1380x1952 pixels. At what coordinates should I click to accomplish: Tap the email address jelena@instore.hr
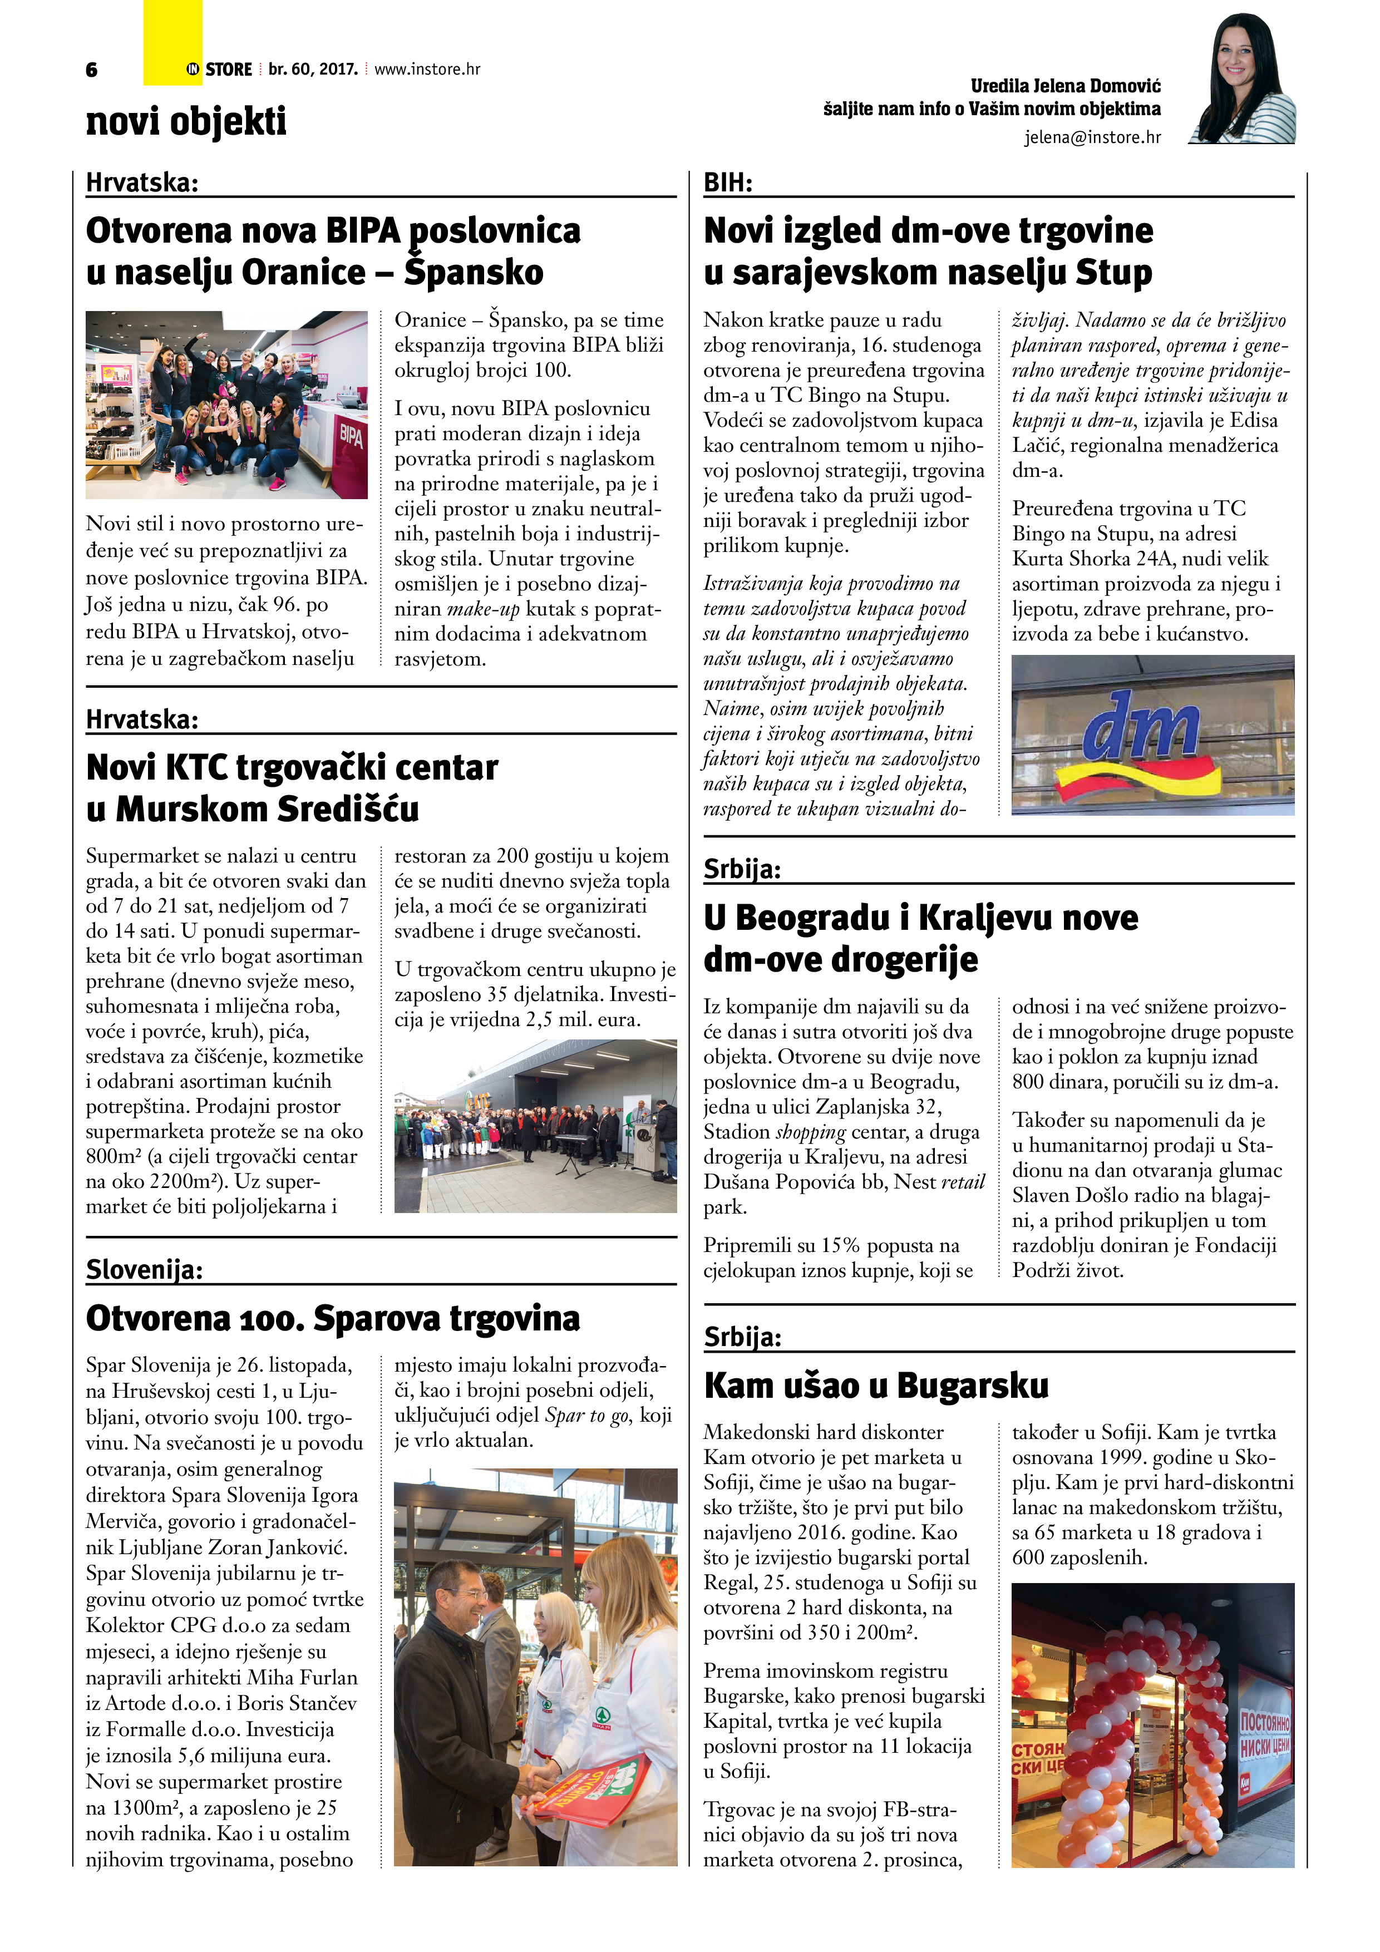[x=1092, y=137]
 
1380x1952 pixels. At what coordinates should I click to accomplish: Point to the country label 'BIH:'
[x=728, y=183]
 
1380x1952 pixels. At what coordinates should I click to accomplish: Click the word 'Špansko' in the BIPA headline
[x=474, y=272]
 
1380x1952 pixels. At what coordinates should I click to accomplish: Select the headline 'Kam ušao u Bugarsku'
[x=876, y=1385]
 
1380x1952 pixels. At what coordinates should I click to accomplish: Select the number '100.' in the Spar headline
[x=269, y=1319]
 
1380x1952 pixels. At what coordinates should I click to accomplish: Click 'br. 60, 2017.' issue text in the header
[x=313, y=69]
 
